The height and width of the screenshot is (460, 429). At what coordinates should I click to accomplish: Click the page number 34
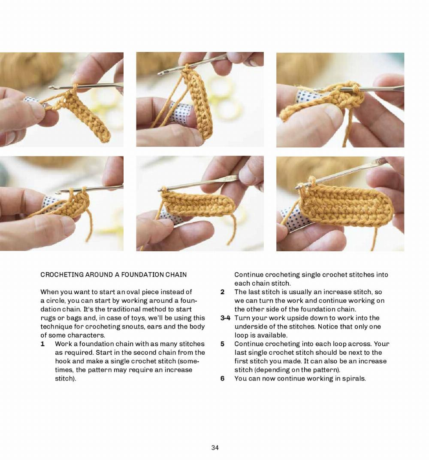coord(215,448)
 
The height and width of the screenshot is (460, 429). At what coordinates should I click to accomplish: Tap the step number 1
coord(42,344)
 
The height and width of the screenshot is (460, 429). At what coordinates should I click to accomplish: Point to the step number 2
coord(222,292)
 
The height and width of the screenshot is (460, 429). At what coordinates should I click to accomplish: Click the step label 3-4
coord(225,318)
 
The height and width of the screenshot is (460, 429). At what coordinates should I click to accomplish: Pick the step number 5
coord(222,344)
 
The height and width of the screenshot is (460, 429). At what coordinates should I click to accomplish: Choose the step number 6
coord(222,378)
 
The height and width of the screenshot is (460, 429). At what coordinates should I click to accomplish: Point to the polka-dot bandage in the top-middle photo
coord(179,113)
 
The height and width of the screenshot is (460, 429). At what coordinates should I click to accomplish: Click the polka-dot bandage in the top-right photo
coord(307,96)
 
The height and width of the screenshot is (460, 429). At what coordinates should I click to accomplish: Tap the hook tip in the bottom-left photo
coord(58,193)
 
